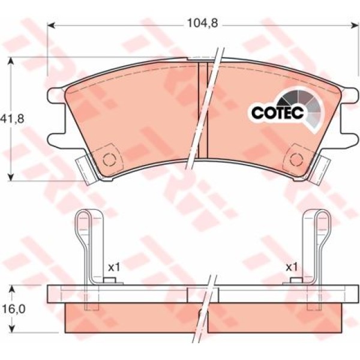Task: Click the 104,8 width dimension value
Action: click(x=203, y=23)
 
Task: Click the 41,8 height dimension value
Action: click(x=12, y=119)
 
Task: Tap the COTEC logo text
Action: click(x=278, y=112)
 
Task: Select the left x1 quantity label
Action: click(x=114, y=267)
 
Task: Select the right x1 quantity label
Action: click(x=292, y=267)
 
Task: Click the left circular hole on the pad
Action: click(x=109, y=160)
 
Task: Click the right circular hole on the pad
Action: click(x=296, y=160)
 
